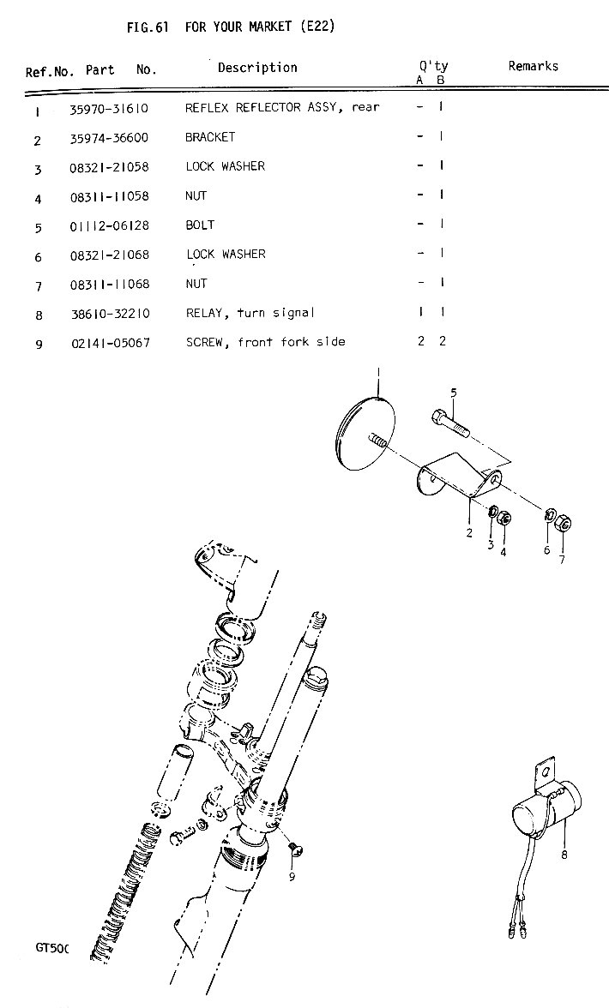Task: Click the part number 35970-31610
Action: click(110, 109)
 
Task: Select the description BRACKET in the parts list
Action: click(209, 137)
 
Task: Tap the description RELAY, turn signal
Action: click(250, 313)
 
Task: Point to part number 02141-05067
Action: click(110, 343)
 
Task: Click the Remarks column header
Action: click(533, 66)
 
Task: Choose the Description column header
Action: click(257, 68)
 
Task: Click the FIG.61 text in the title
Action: click(145, 27)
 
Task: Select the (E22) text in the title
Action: click(317, 27)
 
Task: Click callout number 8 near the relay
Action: click(564, 855)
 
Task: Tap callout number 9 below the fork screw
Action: click(292, 876)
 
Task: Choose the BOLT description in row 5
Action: click(200, 225)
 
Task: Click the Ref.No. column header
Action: click(50, 72)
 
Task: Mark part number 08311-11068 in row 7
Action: click(110, 284)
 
